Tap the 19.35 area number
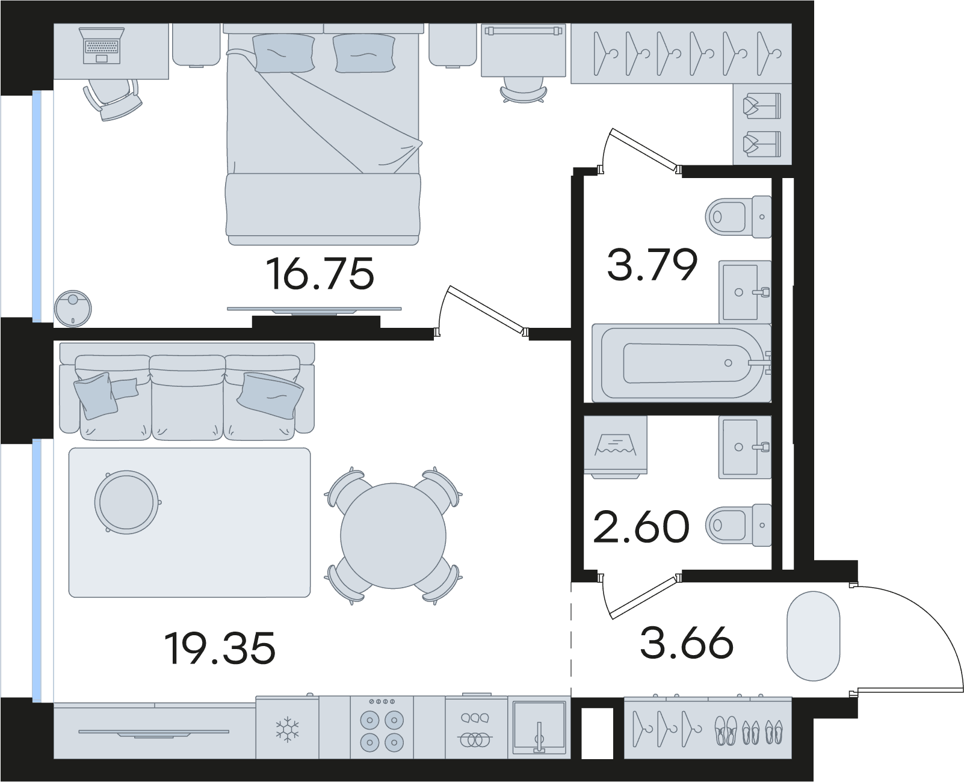220,648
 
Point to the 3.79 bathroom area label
652,265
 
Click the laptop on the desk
102,46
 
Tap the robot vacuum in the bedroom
72,309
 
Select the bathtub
682,363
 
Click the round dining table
393,535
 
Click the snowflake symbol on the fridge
287,730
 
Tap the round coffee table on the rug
127,502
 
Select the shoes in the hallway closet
748,731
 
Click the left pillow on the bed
284,54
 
